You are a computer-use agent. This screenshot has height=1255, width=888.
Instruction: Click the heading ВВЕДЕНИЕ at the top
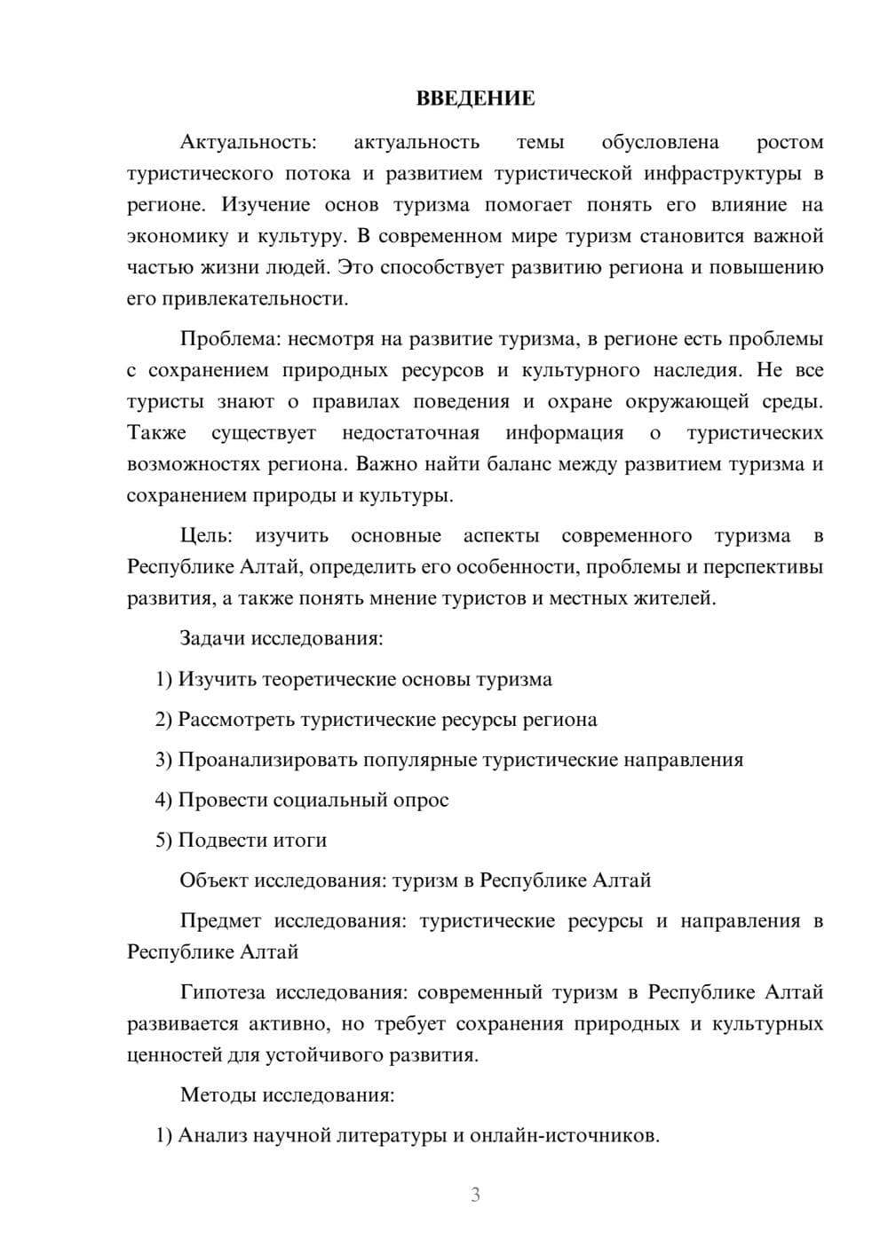click(475, 99)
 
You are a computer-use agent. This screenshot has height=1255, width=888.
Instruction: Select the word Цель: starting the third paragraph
click(206, 536)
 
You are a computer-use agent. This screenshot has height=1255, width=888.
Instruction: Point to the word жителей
click(678, 598)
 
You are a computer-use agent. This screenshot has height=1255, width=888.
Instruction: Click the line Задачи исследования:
click(281, 638)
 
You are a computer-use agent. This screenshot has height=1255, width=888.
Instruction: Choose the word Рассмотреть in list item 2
click(236, 719)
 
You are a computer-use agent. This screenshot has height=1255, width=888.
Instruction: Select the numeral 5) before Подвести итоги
click(164, 841)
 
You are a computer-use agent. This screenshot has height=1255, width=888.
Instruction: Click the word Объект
click(214, 880)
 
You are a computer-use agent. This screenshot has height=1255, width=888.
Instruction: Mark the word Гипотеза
click(222, 992)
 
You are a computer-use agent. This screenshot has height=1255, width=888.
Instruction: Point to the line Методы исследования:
click(287, 1094)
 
